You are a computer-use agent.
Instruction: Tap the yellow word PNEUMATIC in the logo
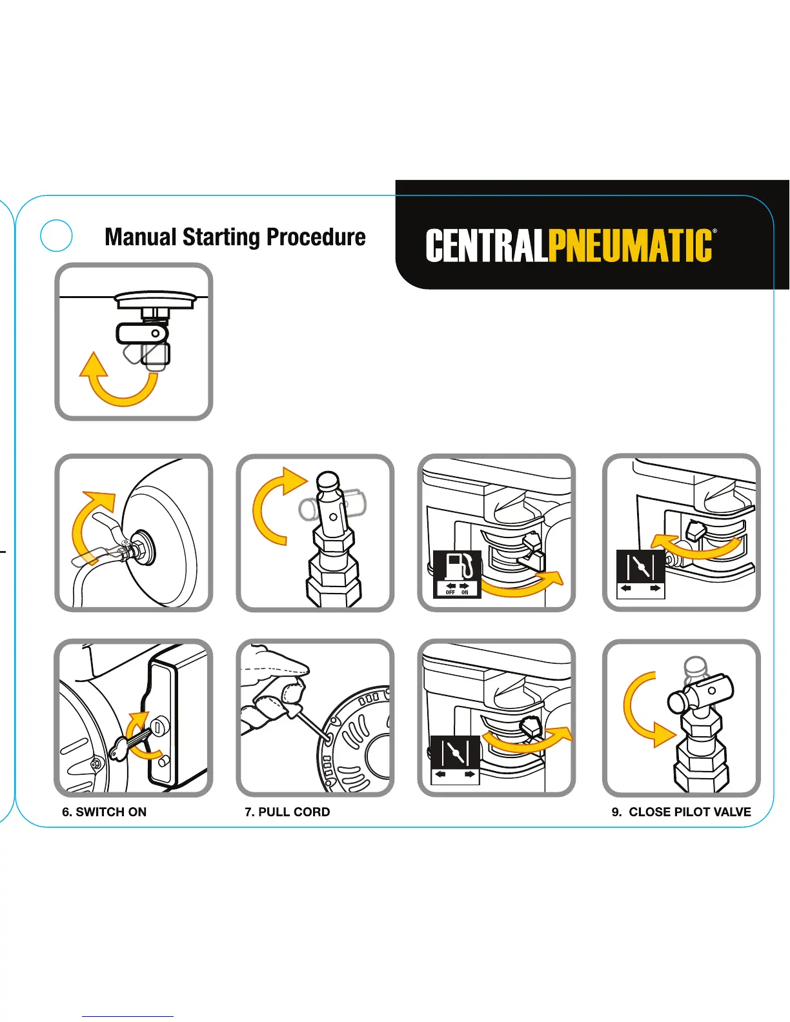coord(631,246)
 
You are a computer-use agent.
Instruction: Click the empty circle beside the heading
coord(56,235)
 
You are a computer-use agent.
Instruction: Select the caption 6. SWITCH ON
coord(104,812)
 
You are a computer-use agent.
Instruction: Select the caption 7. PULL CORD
coord(287,812)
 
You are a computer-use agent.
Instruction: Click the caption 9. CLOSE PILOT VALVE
coord(681,812)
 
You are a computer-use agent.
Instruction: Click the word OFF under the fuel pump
coord(451,592)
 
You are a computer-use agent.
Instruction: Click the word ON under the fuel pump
coord(465,592)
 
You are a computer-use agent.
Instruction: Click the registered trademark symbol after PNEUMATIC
coord(714,230)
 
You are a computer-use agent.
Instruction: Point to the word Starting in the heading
coord(220,237)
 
